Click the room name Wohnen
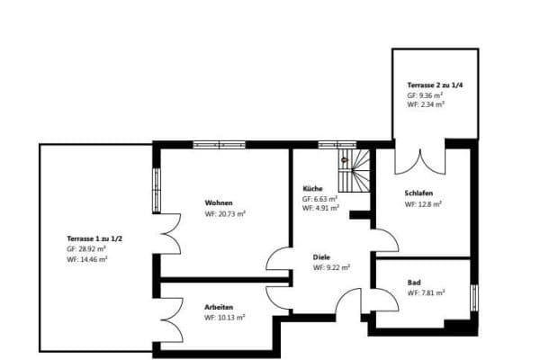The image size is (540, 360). [x=219, y=202]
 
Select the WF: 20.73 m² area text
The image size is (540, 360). [x=225, y=214]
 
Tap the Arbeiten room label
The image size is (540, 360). [x=220, y=307]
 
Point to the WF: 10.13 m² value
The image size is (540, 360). [x=225, y=318]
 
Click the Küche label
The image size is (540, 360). [x=313, y=188]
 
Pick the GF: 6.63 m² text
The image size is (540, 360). [x=320, y=198]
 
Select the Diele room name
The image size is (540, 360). [x=322, y=256]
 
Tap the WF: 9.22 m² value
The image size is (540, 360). [x=331, y=267]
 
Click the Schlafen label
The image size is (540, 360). [x=419, y=193]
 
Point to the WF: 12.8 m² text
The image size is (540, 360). [x=424, y=204]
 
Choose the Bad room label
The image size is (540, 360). [x=414, y=282]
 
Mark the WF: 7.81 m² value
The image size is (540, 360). [x=425, y=292]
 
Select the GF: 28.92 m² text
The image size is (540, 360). [x=86, y=248]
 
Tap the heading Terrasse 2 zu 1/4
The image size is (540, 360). [x=436, y=84]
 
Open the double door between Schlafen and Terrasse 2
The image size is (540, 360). [x=420, y=159]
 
